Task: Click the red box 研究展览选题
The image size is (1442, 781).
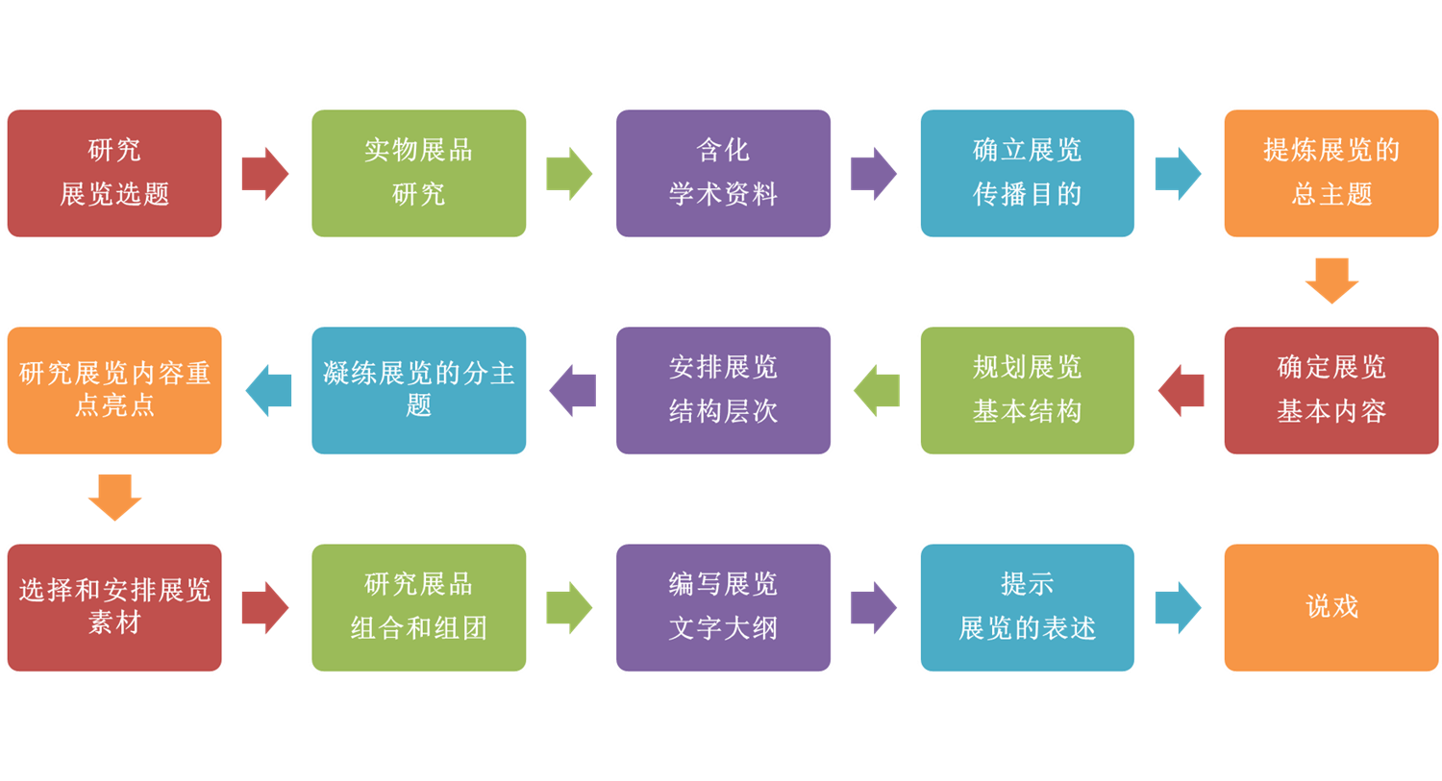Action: click(114, 173)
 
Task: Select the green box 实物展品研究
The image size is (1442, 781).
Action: click(418, 173)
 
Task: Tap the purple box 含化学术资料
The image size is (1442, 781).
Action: click(723, 173)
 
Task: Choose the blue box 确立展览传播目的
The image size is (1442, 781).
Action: click(1027, 173)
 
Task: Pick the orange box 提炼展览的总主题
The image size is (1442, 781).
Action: click(1330, 173)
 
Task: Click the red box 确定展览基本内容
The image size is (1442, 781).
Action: click(1330, 390)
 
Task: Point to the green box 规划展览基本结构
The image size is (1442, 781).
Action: click(1027, 390)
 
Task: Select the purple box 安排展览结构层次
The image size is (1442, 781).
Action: click(723, 390)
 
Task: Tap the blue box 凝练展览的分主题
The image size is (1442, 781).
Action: click(418, 390)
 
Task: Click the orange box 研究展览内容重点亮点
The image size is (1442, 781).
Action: click(114, 390)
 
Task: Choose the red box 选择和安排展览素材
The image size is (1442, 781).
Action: click(114, 607)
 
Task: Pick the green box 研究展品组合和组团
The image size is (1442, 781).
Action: click(418, 607)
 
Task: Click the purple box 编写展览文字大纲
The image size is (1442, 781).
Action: click(723, 607)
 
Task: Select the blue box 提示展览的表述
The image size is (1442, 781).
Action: click(1027, 607)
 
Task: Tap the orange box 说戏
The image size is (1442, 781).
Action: click(1330, 607)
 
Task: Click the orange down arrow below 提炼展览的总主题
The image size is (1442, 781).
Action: click(1331, 281)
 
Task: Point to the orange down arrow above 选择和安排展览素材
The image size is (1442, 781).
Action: click(114, 498)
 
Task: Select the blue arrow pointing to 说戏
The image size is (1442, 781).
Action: click(1178, 607)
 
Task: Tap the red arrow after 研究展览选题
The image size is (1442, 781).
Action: click(264, 173)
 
